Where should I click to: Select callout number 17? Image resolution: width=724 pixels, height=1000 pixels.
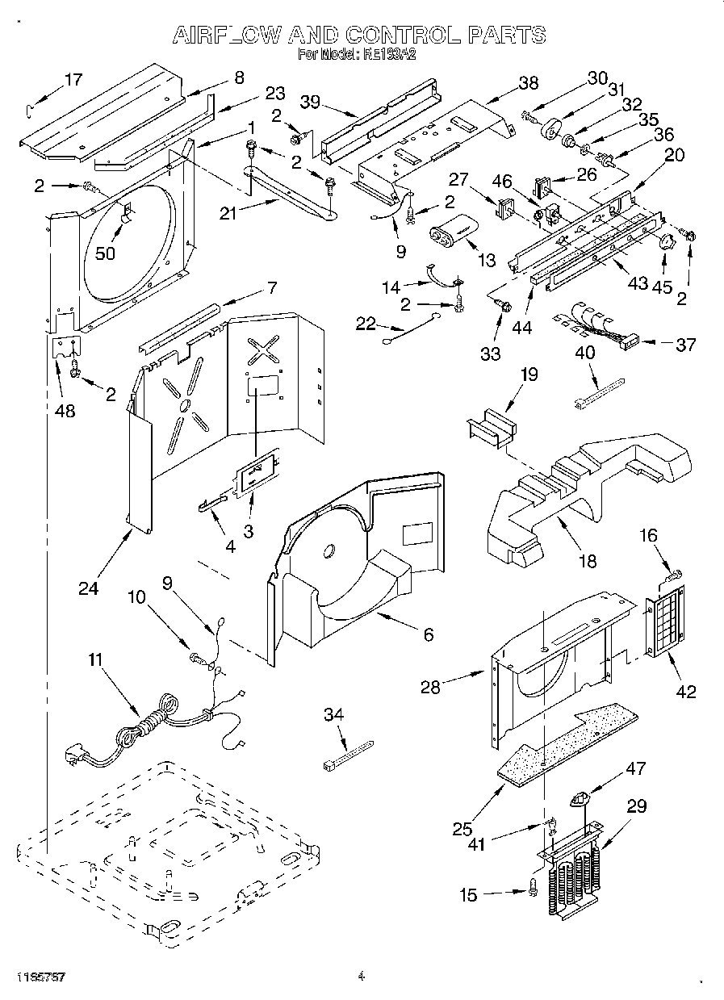[x=73, y=79]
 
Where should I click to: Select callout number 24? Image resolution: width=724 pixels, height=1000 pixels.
[x=89, y=588]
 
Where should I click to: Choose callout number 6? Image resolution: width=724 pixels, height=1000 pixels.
[x=428, y=635]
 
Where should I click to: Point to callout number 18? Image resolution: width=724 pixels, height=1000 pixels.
[x=588, y=561]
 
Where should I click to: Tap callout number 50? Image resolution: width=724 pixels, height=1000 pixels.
[x=105, y=252]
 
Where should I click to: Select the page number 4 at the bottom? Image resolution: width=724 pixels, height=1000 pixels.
[x=362, y=977]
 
